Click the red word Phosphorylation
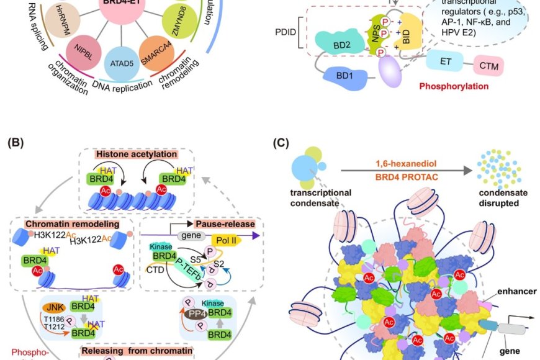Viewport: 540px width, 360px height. [x=454, y=86]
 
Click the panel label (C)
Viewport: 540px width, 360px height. [x=281, y=142]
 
